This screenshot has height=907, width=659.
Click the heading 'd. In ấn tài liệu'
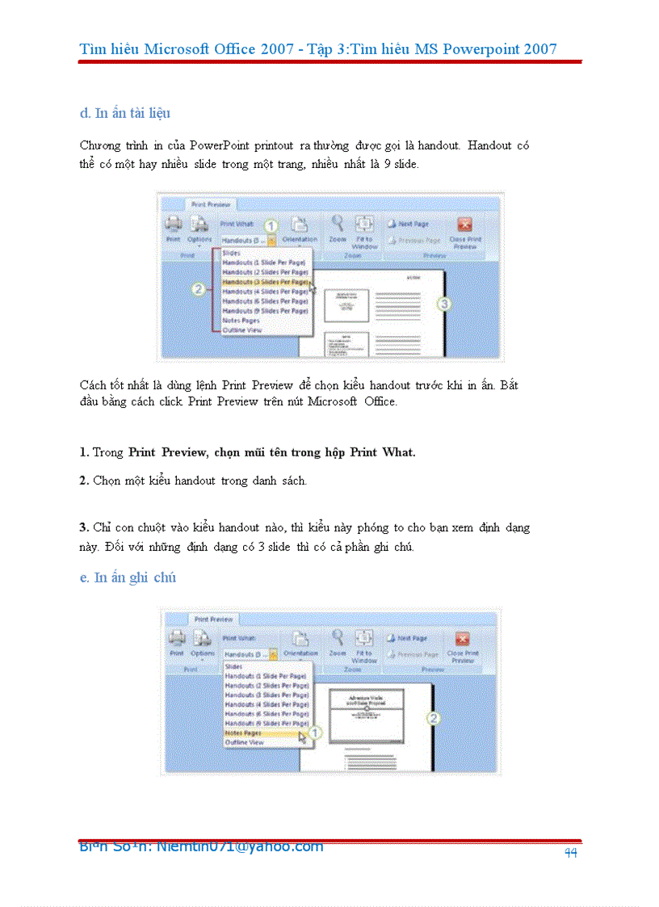tap(124, 113)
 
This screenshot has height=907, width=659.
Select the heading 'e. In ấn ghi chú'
tap(128, 577)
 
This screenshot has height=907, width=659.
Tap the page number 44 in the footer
tap(571, 853)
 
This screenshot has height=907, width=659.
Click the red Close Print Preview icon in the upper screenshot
tap(464, 225)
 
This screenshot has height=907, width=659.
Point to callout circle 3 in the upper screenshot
tap(443, 304)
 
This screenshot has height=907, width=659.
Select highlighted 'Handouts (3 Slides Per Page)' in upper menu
tap(265, 282)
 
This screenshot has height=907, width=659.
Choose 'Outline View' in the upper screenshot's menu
tap(242, 330)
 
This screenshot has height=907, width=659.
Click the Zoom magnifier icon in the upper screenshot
tap(337, 225)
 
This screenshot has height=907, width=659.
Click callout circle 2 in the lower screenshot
tap(434, 717)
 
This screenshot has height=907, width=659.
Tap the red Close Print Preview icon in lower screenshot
tap(462, 639)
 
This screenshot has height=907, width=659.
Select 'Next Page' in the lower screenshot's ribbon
tap(413, 638)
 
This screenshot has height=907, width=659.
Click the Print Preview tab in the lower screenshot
tap(213, 619)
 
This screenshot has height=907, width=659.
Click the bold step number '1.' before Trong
tap(84, 452)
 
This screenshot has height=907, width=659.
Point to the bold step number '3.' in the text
tap(84, 527)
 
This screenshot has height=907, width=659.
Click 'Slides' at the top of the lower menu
tap(233, 666)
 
